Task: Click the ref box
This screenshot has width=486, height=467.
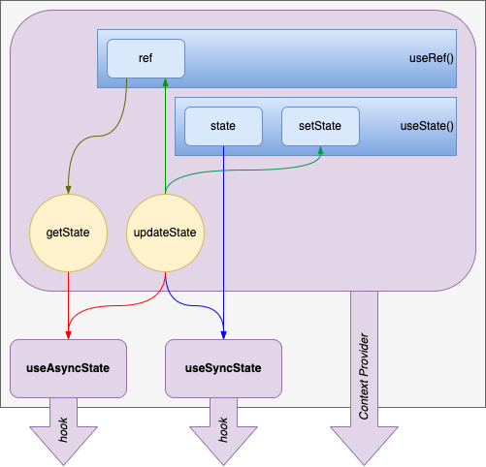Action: tap(146, 58)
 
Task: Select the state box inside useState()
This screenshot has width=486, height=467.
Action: tap(223, 126)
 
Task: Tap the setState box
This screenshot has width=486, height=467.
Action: tap(320, 126)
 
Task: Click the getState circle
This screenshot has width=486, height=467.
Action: tap(68, 233)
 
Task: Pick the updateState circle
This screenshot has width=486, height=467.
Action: tap(165, 233)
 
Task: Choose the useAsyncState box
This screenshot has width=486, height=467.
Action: tap(68, 368)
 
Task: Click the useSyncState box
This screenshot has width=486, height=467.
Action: tap(223, 368)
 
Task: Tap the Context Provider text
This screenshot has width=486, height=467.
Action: tap(364, 378)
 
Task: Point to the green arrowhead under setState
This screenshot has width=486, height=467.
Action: tap(320, 151)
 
